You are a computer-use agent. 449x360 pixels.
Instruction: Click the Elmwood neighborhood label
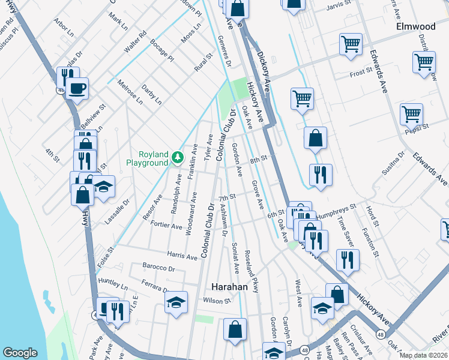[x=415, y=27]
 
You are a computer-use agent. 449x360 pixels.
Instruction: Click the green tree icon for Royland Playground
[x=177, y=158]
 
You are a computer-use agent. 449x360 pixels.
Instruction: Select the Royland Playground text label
[x=147, y=158]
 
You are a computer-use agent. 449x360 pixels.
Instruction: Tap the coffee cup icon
[x=77, y=89]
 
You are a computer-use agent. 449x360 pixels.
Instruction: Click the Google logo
[x=20, y=353]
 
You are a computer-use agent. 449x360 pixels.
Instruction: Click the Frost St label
[x=361, y=74]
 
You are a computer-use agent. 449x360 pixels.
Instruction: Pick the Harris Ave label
[x=182, y=256]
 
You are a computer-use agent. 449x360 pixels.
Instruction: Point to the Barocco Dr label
[x=158, y=268]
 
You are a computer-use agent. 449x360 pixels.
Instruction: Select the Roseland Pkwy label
[x=252, y=271]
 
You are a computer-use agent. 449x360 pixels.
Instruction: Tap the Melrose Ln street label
[x=130, y=92]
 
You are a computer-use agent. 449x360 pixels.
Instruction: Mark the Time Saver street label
[x=345, y=229]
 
